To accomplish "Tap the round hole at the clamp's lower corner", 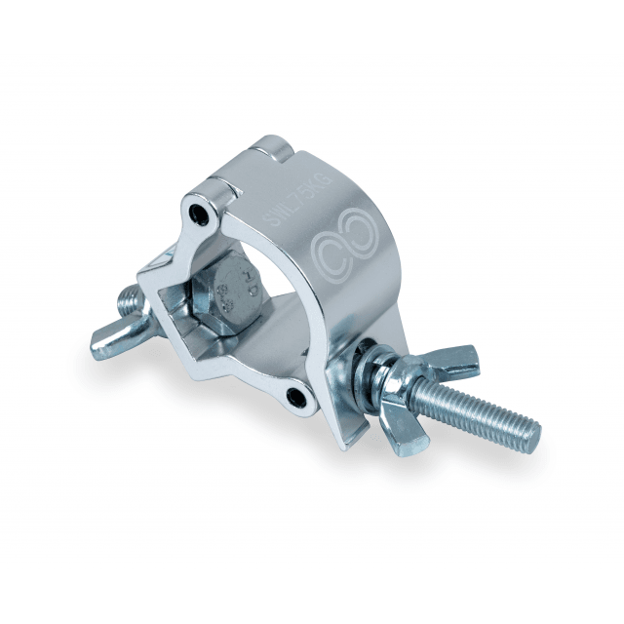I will tap(293, 396).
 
